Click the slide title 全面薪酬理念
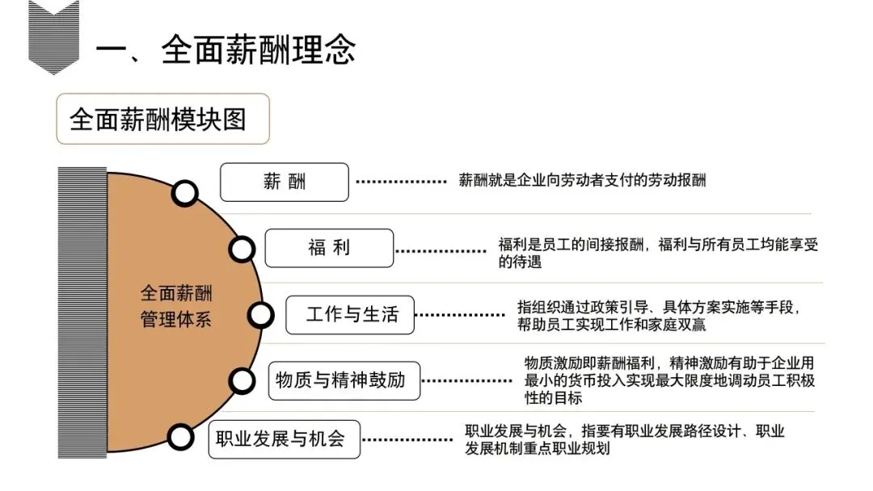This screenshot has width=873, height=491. pos(226,49)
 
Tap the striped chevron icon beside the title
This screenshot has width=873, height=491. pos(53,36)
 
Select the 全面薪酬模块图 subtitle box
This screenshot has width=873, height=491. pos(162,120)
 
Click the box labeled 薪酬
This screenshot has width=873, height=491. pos(285,182)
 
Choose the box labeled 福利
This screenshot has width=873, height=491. pos(329,248)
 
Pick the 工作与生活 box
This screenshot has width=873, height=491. pos(350,314)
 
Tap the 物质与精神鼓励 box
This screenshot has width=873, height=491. pos(344,380)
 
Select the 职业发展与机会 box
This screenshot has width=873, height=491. pos(284,439)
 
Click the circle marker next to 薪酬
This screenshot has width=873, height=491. pos(185,193)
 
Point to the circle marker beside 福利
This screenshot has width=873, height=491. pos(242,249)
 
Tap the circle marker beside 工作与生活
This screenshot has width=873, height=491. pos(260,315)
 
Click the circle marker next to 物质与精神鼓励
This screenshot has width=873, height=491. pos(242,380)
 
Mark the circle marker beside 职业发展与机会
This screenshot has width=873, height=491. pos(181,436)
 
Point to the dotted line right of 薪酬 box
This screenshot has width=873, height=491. pos(402,182)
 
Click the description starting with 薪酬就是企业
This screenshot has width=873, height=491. pos(582,180)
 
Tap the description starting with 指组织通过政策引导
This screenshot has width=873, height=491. pos(659,316)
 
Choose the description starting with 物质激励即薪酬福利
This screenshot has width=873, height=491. pos(669,380)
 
